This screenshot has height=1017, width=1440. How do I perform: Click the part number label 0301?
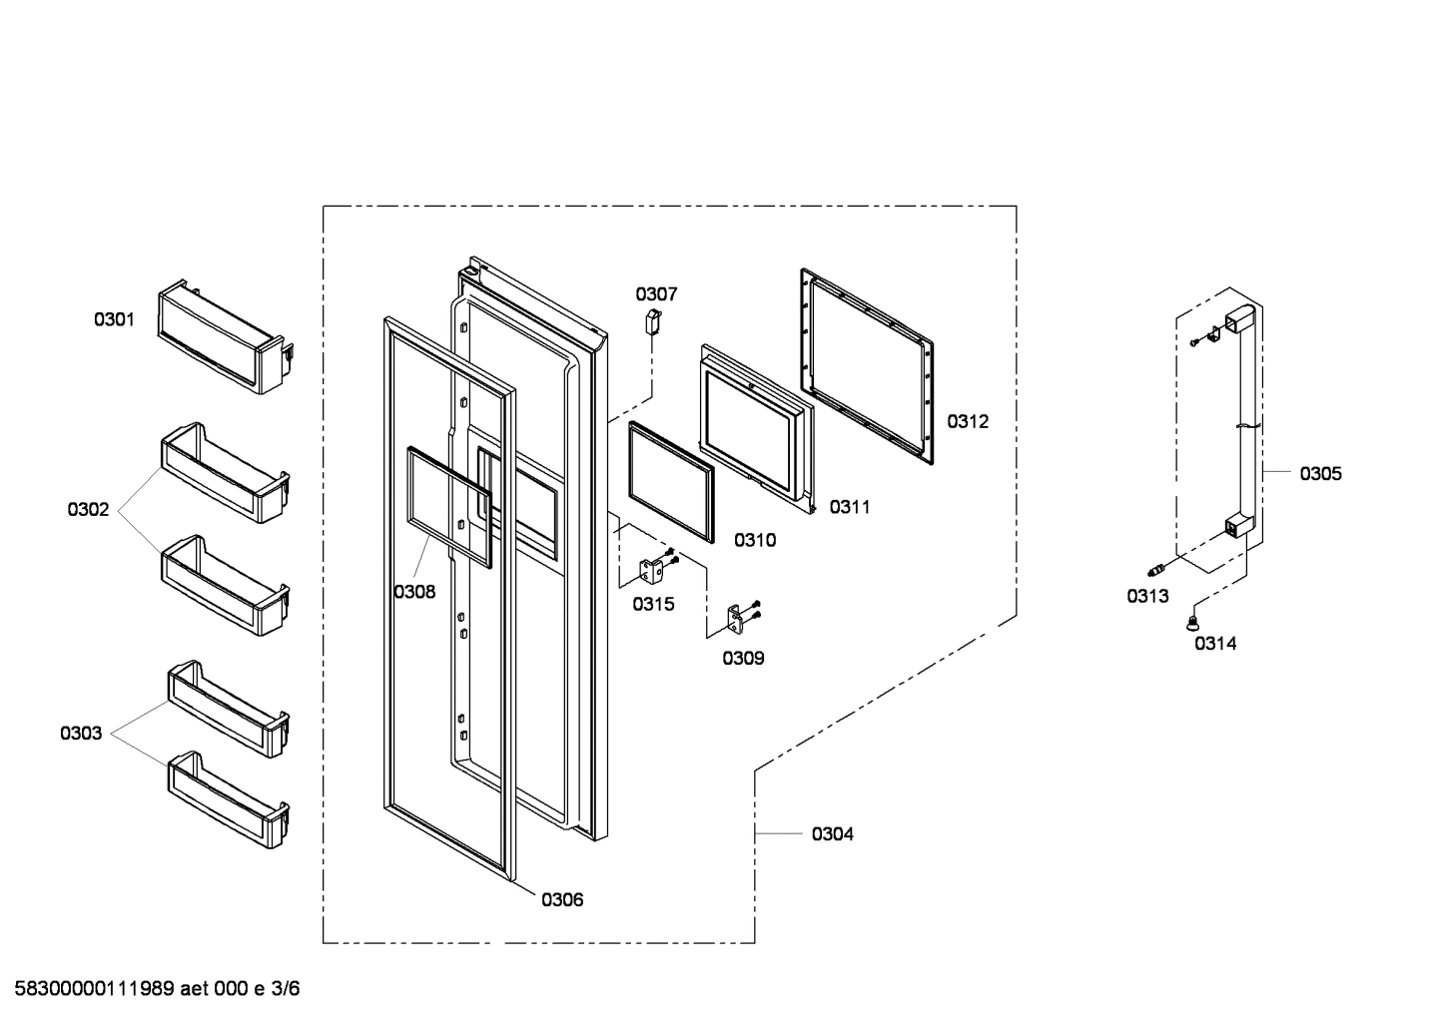(x=114, y=319)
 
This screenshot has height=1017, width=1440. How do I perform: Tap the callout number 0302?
(x=88, y=510)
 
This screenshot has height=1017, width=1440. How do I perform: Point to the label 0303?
(x=80, y=734)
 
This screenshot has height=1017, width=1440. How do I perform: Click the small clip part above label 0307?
(x=654, y=321)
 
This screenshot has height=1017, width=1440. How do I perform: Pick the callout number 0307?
(x=656, y=293)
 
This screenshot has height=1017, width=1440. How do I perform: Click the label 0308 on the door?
(x=413, y=592)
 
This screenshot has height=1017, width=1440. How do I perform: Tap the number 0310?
(x=754, y=540)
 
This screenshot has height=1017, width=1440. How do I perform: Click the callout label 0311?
(x=849, y=507)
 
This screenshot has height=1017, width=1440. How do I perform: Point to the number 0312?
(x=967, y=421)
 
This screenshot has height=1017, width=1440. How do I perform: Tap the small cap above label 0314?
(x=1190, y=624)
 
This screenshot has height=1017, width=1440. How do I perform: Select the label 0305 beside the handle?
(x=1320, y=473)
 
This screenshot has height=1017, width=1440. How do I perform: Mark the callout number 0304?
(x=832, y=833)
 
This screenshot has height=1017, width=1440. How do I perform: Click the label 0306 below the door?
(x=562, y=899)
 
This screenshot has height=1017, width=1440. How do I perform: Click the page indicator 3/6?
(x=285, y=989)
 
